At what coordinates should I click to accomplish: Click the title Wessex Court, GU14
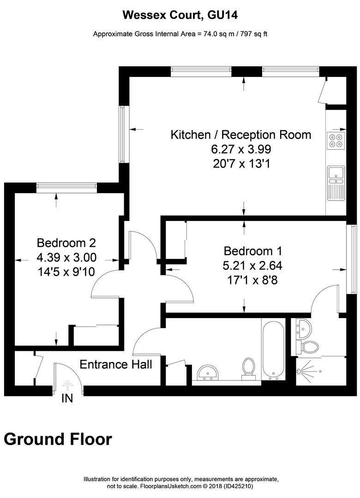(x=180, y=15)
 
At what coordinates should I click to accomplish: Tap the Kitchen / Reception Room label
(x=241, y=135)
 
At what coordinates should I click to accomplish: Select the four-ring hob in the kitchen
(x=336, y=140)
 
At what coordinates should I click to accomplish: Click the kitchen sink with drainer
(x=336, y=183)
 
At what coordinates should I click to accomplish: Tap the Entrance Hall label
(x=116, y=365)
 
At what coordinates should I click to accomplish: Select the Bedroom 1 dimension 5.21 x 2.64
(x=252, y=266)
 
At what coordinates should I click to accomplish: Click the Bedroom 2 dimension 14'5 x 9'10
(x=66, y=272)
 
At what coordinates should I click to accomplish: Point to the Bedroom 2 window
(x=66, y=187)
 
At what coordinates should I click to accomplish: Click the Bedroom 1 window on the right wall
(x=353, y=259)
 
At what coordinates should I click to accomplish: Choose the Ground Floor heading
(x=58, y=439)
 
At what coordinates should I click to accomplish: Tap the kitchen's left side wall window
(x=122, y=134)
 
